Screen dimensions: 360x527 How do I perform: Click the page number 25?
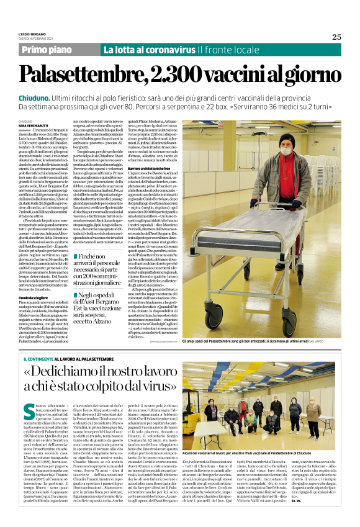pyautogui.click(x=336, y=37)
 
